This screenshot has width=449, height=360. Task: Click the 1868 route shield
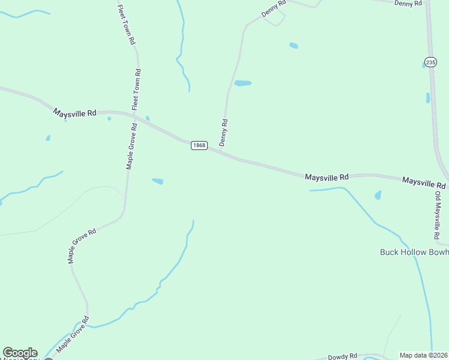pyautogui.click(x=199, y=146)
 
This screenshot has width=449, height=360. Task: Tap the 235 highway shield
pyautogui.click(x=430, y=62)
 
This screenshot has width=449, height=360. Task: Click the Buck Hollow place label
pyautogui.click(x=414, y=252)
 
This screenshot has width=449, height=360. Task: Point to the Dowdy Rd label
pyautogui.click(x=345, y=355)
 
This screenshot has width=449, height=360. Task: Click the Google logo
pyautogui.click(x=20, y=353)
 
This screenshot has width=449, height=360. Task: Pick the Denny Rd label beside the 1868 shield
pyautogui.click(x=224, y=133)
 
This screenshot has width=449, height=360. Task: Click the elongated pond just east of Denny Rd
pyautogui.click(x=243, y=83)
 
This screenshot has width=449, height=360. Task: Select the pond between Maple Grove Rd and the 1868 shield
pyautogui.click(x=158, y=181)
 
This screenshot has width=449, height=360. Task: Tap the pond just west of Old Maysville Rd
pyautogui.click(x=378, y=195)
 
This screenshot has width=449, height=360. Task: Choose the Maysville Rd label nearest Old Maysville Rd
pyautogui.click(x=424, y=181)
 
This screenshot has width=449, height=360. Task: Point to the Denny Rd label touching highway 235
pyautogui.click(x=409, y=3)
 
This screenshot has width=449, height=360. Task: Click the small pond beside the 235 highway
pyautogui.click(x=428, y=98)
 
